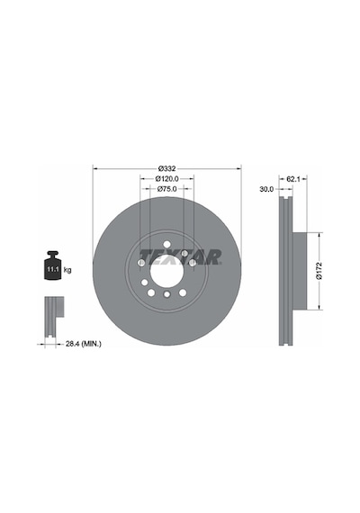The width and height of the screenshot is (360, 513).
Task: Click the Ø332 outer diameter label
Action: (x=166, y=169)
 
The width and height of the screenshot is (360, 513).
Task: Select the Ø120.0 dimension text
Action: (x=166, y=179)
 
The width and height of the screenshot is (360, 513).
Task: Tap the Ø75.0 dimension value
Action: (x=166, y=189)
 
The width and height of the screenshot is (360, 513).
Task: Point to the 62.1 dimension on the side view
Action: (x=293, y=179)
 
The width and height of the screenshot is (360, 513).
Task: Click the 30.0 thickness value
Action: (x=266, y=189)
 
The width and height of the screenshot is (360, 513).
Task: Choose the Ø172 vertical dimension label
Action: (x=319, y=271)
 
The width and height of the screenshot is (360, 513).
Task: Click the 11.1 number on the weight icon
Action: (x=53, y=270)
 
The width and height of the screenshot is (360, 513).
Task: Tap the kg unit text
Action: (x=67, y=270)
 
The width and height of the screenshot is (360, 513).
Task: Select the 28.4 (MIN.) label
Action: (x=84, y=344)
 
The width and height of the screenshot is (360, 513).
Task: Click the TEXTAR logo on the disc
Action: (x=181, y=257)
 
